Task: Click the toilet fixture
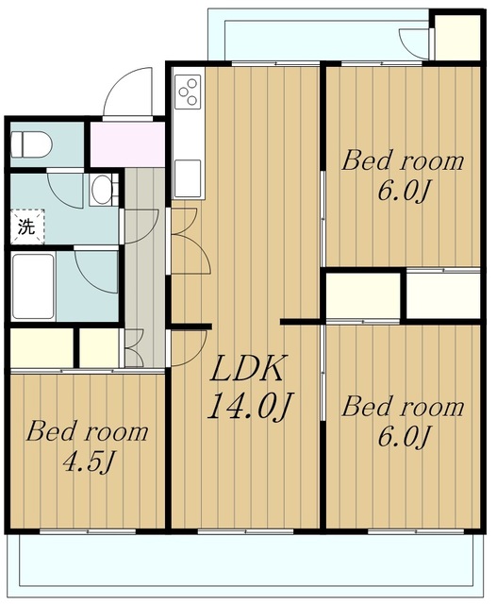point(31,144)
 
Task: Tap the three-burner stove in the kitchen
point(189,92)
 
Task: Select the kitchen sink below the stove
point(188,178)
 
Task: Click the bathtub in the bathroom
point(33,286)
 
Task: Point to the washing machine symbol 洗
point(27,226)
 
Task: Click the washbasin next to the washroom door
point(101,190)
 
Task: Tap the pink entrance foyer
point(127,144)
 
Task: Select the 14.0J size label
point(251,406)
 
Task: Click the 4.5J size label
point(88,461)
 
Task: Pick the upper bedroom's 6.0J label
point(403,191)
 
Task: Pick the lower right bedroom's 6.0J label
point(403,436)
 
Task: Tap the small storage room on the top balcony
point(457,38)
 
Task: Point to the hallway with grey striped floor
point(144,267)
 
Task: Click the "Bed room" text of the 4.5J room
point(87,432)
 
